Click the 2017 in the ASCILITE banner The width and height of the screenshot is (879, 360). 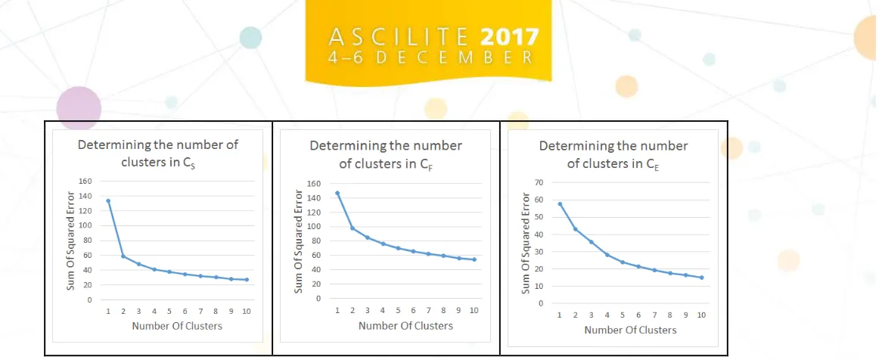point(510,37)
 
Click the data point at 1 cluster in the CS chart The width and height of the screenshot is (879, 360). point(108,200)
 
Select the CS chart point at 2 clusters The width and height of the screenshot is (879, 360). point(123,256)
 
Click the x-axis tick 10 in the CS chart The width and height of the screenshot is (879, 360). point(246,311)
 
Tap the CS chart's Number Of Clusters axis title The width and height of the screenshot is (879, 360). point(177,326)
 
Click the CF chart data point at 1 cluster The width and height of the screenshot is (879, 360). point(337,193)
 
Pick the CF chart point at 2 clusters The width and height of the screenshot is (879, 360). point(352,228)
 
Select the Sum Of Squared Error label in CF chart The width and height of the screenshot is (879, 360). point(299,242)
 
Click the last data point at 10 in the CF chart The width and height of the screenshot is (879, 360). point(474,259)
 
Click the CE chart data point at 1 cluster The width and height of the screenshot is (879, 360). point(560,203)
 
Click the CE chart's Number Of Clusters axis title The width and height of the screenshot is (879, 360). point(630,331)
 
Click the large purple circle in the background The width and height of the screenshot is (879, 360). point(79,108)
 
